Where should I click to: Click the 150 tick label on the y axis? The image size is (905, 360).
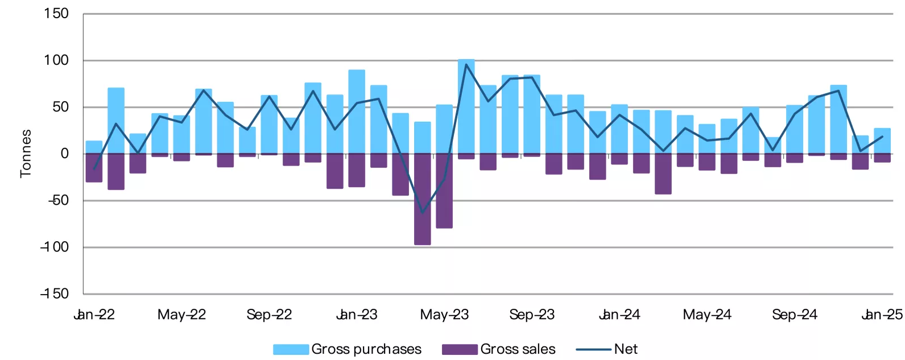(x=56, y=13)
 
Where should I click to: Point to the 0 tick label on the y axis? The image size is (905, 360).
(x=64, y=154)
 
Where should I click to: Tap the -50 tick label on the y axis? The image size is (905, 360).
(x=59, y=200)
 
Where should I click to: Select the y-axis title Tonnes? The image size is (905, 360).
(x=26, y=154)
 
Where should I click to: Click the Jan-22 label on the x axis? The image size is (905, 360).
(x=94, y=315)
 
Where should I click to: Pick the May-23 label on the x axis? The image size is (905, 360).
(x=444, y=315)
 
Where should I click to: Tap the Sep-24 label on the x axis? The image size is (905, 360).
(x=795, y=315)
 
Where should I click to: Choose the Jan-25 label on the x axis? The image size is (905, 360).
(x=882, y=315)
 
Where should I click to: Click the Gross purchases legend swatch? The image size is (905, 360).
(x=291, y=349)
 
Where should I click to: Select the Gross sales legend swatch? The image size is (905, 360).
(x=460, y=349)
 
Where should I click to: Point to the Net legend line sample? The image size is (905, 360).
(x=593, y=349)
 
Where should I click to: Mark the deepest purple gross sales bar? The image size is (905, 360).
(x=423, y=199)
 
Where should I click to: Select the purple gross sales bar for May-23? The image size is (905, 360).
(x=444, y=191)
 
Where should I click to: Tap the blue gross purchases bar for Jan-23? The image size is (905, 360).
(x=357, y=111)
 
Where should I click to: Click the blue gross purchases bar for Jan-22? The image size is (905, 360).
(x=94, y=147)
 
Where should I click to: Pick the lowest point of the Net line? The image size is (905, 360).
(x=423, y=213)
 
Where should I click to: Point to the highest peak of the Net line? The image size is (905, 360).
(x=466, y=64)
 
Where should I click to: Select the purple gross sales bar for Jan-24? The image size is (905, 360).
(x=619, y=159)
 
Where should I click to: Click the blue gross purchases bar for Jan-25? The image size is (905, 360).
(x=882, y=141)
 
